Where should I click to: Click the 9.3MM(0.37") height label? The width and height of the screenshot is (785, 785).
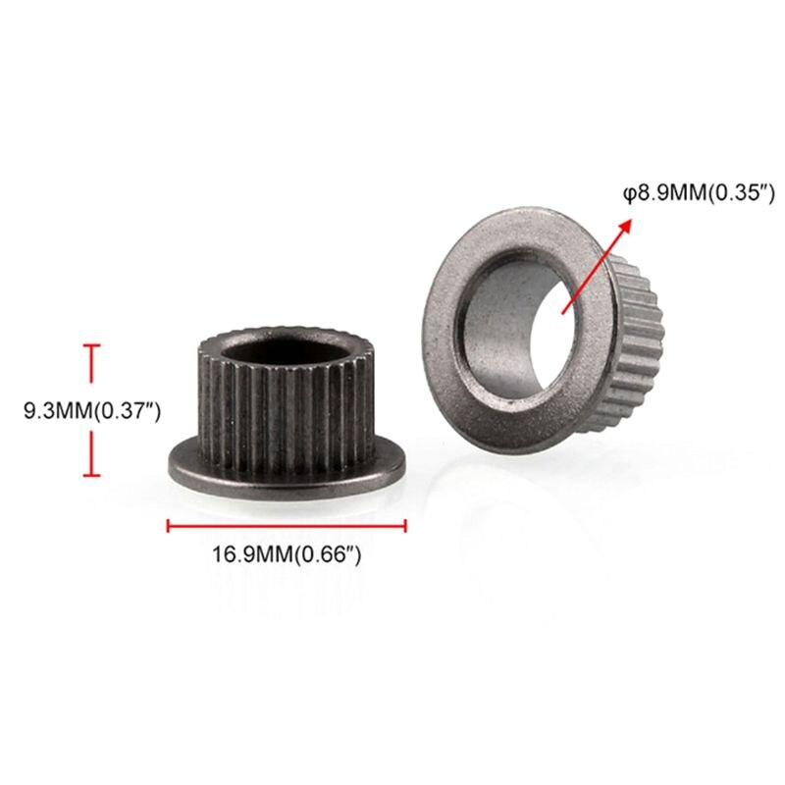coord(92,411)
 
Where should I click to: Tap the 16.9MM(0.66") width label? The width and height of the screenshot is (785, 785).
coord(287,555)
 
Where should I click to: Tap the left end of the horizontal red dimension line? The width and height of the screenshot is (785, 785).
coord(169,526)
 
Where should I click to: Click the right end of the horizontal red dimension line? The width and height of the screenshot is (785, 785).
coord(405,526)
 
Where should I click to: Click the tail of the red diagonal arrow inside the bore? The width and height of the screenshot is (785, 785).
coord(560,313)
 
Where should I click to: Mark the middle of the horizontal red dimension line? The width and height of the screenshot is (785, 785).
coord(287,526)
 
